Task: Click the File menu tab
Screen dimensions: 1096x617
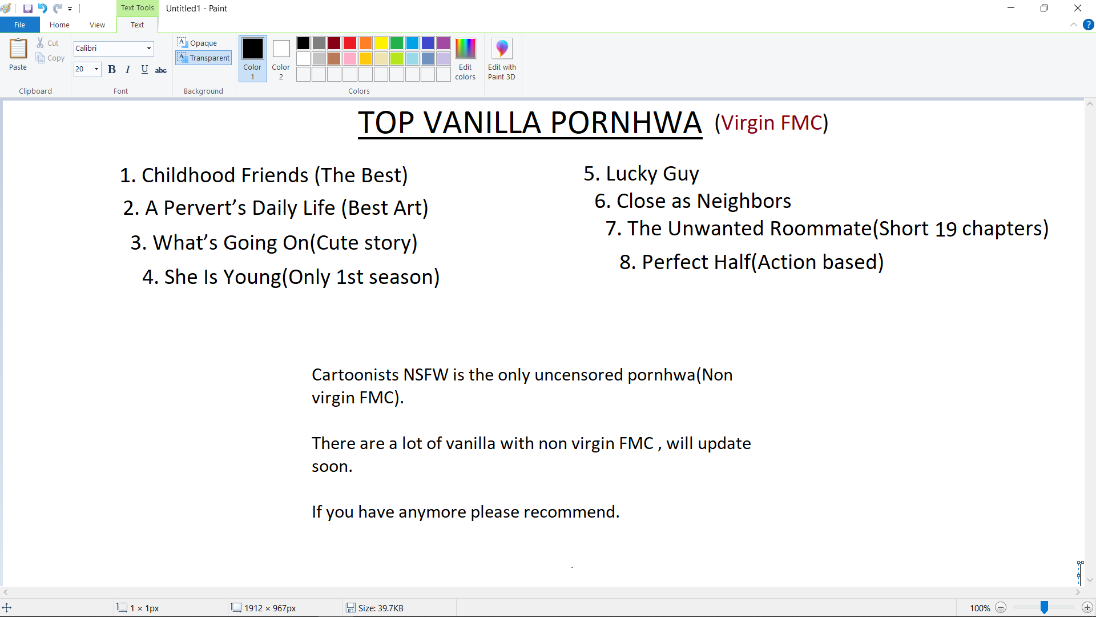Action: click(x=19, y=25)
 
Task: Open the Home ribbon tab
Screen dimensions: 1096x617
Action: click(x=59, y=25)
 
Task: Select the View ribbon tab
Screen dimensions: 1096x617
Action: click(x=97, y=25)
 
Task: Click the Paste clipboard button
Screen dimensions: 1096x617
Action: click(x=18, y=55)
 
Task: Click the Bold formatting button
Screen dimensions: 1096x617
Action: click(x=112, y=69)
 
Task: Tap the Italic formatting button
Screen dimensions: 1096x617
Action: click(x=128, y=69)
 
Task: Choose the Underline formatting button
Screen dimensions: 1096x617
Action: click(x=144, y=69)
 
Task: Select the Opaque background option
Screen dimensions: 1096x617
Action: click(x=197, y=43)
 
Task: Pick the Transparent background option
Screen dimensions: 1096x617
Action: click(x=203, y=58)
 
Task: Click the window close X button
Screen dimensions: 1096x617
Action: click(x=1078, y=8)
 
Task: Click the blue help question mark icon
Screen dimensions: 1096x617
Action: click(x=1089, y=25)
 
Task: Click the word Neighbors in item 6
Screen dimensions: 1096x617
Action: click(x=744, y=201)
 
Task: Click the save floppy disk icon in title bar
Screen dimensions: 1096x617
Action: click(x=27, y=9)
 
